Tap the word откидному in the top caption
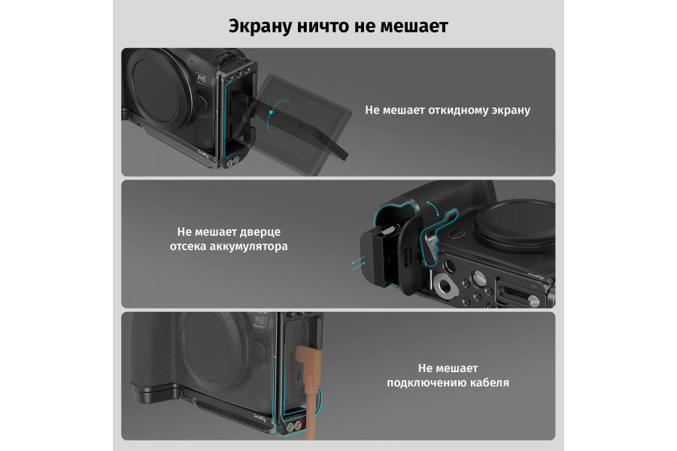coord(449,110)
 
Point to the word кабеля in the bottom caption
coord(486,382)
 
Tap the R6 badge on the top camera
coord(202,78)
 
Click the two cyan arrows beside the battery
coord(357,259)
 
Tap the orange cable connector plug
coord(307,364)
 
